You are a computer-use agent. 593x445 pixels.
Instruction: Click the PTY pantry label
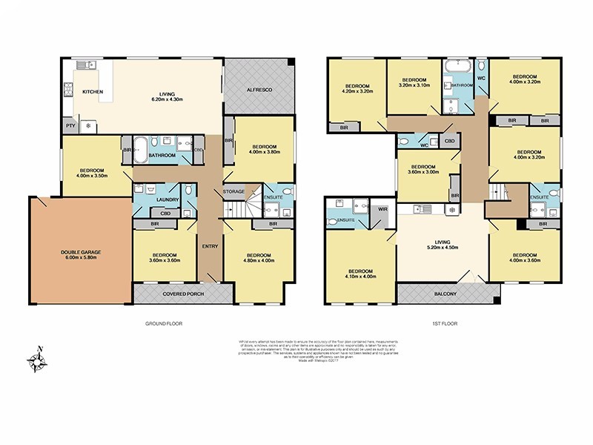[70, 126]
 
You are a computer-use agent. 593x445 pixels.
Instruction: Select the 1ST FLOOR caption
[443, 324]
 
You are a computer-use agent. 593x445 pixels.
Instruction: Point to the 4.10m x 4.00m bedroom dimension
[360, 276]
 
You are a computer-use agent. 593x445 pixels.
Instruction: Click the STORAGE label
[234, 192]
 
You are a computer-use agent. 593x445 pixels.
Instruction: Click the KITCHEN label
[93, 92]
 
